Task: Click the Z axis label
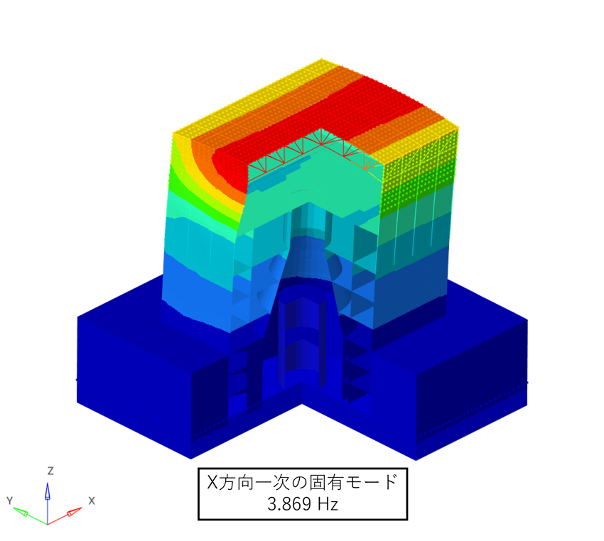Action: [x=50, y=471]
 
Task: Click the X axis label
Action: [x=91, y=501]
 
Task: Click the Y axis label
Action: [x=10, y=501]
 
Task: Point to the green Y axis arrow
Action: [x=30, y=516]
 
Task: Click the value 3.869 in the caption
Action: [x=285, y=503]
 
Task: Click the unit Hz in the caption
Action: [x=328, y=503]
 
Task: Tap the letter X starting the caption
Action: [x=212, y=482]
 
